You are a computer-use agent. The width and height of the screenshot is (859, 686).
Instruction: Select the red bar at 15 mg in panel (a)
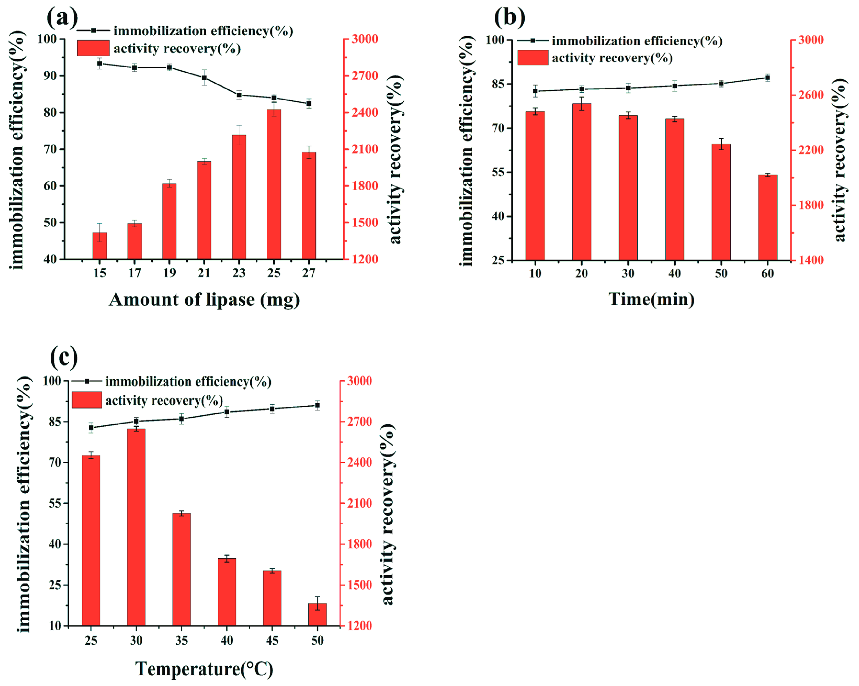point(100,246)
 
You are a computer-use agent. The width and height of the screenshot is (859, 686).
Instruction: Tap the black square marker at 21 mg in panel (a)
point(204,78)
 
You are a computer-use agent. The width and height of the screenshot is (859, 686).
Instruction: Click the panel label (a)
point(63,17)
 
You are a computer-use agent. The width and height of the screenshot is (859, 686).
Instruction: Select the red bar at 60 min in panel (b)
point(767,218)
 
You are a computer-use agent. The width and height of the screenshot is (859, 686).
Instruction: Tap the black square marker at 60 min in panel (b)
point(767,78)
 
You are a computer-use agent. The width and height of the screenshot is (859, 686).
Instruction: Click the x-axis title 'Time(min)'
point(651,299)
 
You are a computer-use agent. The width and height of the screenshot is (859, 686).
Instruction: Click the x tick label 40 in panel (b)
point(675,273)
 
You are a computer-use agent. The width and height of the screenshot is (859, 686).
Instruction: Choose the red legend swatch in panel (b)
point(532,57)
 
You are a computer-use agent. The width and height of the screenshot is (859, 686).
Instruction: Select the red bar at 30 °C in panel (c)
point(136,527)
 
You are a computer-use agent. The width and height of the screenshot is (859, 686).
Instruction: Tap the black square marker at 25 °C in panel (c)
point(91,428)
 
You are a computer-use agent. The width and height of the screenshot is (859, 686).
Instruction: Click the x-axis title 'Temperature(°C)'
point(204,669)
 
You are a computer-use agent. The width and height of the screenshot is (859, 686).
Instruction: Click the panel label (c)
point(64,357)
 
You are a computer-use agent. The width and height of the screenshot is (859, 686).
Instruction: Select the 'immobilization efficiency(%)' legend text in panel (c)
point(188,382)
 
